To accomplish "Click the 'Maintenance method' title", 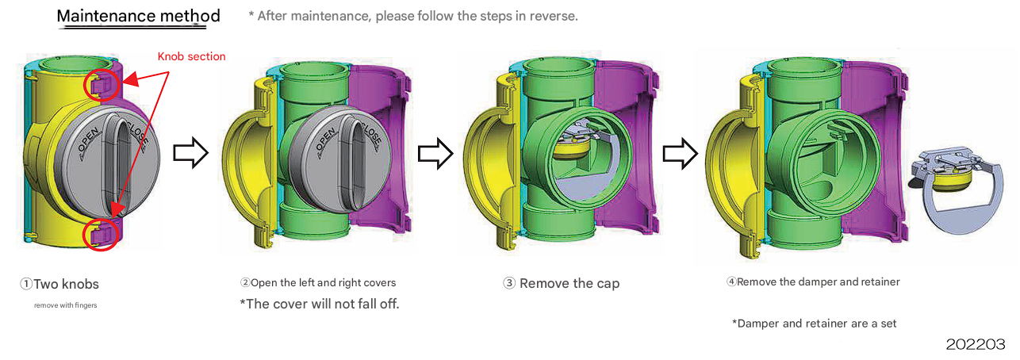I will [138, 17].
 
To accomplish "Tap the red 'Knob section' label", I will [191, 56].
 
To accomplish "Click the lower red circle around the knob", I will [101, 234].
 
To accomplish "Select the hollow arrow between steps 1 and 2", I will [190, 153].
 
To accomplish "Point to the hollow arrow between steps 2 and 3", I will [434, 153].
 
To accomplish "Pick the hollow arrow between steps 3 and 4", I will [678, 153].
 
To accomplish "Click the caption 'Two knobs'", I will [60, 284].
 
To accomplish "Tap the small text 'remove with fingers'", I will [65, 305].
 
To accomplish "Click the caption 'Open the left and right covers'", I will [318, 282].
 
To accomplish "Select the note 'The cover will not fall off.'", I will [319, 304].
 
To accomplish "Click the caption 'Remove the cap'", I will [562, 283].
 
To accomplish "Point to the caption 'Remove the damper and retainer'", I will [814, 281].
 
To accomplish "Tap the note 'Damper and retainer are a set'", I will [814, 324].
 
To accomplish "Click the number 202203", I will [976, 344].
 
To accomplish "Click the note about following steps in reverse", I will [413, 16].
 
